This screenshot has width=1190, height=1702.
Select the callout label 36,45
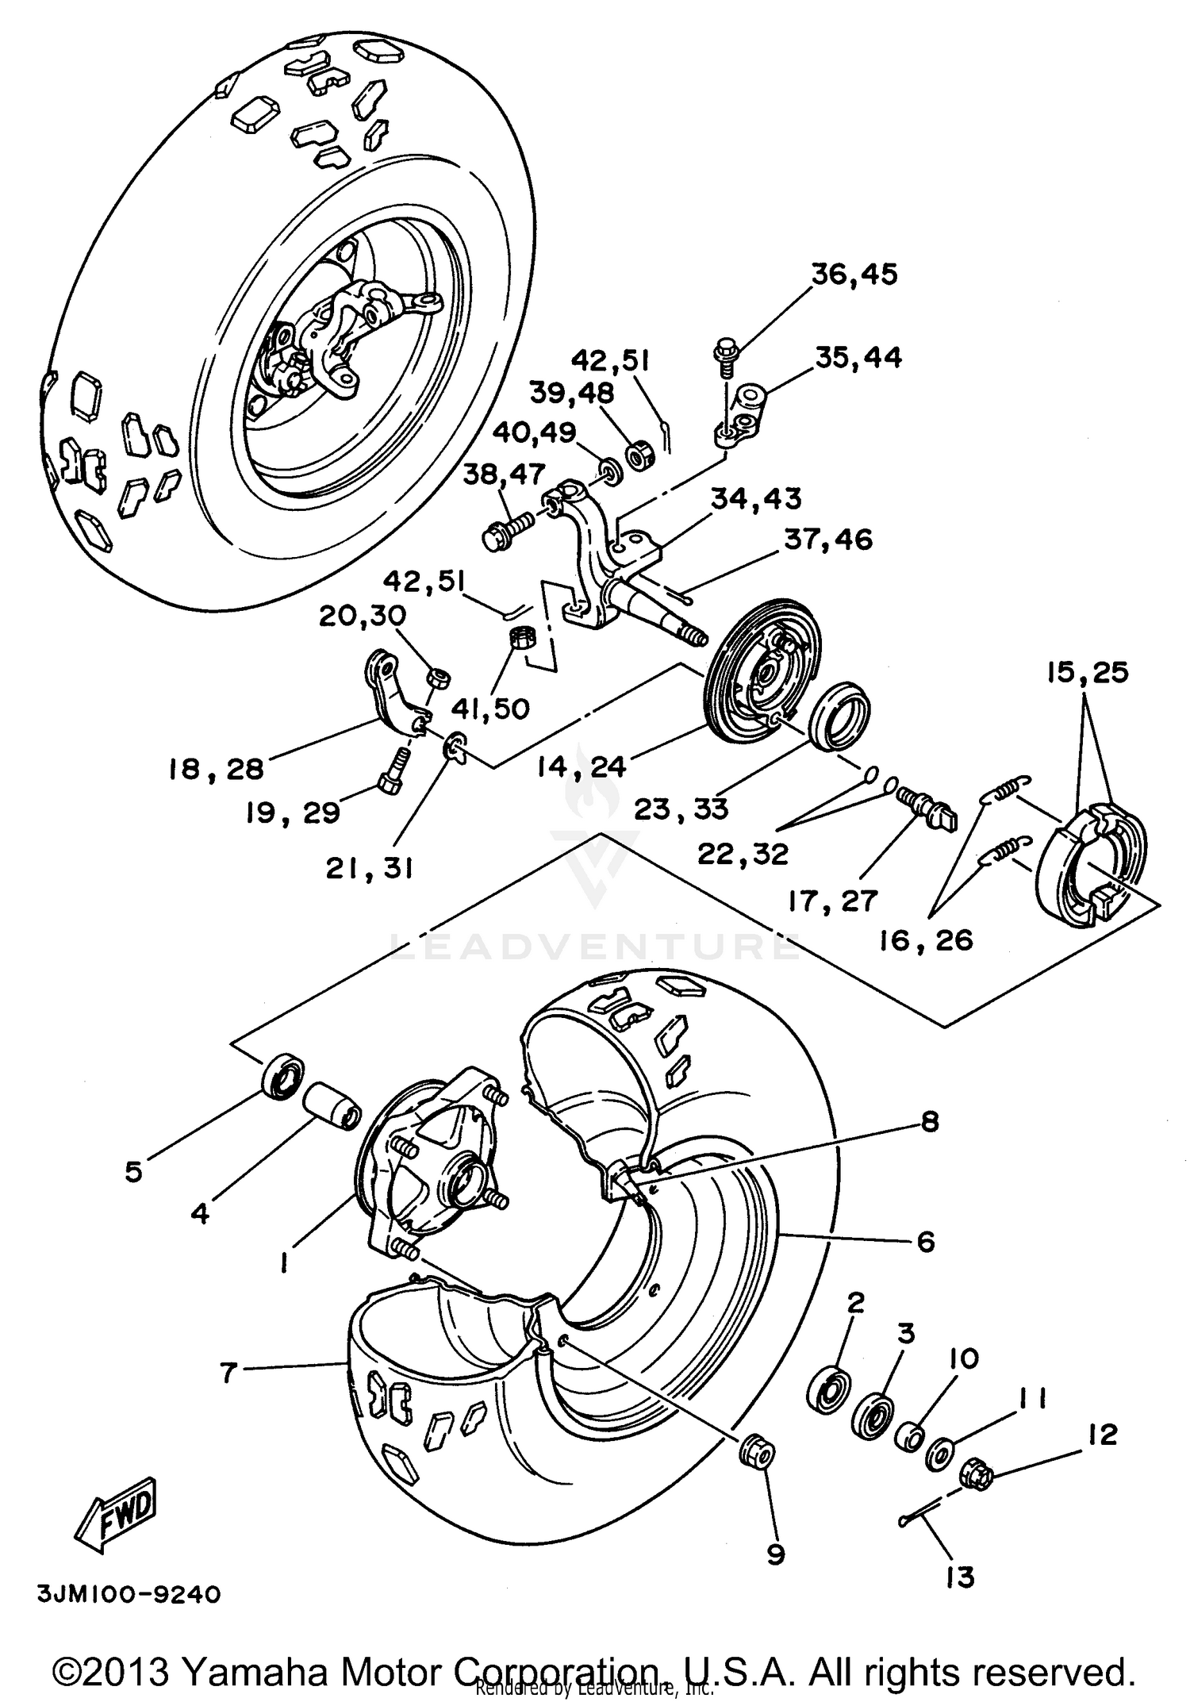(854, 275)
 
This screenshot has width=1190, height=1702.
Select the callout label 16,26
(926, 940)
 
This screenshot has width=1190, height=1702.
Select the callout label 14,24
(582, 766)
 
